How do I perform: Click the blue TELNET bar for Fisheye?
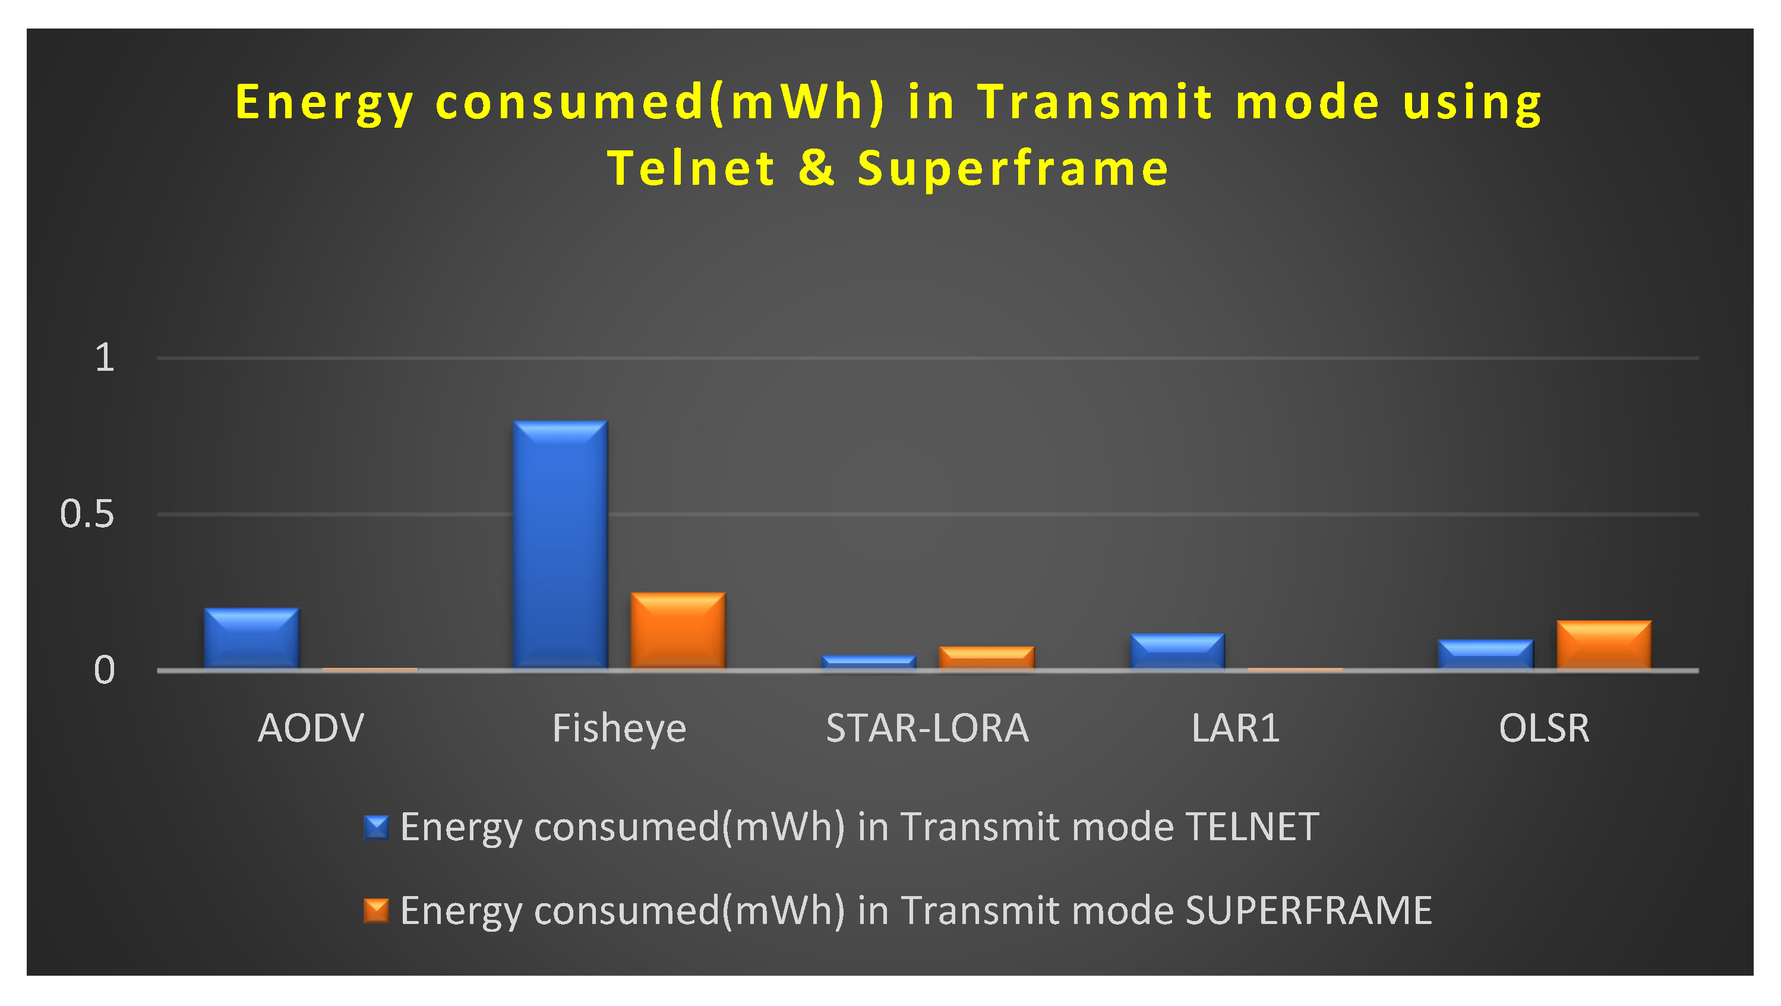pos(560,544)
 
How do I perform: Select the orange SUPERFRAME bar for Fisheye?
pos(678,630)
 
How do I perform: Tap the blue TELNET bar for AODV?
pos(252,638)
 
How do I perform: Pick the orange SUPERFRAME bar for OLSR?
pos(1604,644)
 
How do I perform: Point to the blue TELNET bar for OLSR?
pos(1486,654)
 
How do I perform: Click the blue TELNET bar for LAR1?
pos(1177,651)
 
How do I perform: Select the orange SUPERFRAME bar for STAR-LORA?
pos(987,658)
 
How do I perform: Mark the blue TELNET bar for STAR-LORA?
pos(869,662)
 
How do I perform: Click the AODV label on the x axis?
pos(311,728)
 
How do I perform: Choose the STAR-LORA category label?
pos(928,728)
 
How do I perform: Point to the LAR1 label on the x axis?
pos(1236,728)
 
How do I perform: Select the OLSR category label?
pos(1545,728)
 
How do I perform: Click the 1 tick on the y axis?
pos(105,358)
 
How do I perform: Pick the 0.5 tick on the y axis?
pos(87,515)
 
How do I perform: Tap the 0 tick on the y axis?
pos(105,671)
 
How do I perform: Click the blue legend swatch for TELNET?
pos(377,827)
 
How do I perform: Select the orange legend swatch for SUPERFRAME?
pos(377,910)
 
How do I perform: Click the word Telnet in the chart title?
pos(691,168)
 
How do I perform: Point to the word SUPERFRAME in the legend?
pos(1309,910)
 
